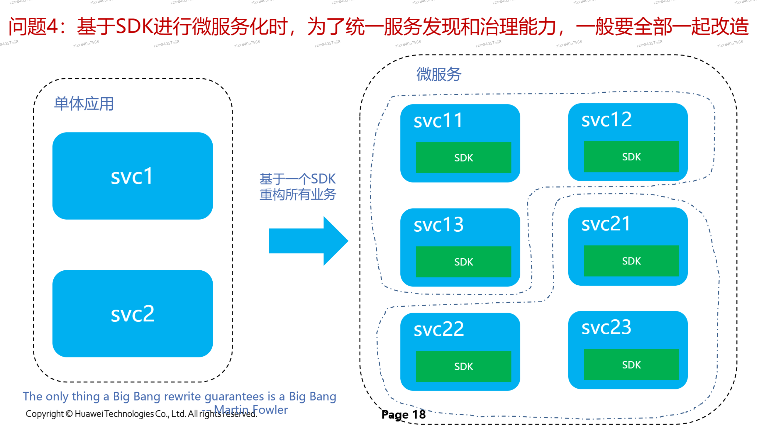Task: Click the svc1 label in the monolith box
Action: [132, 177]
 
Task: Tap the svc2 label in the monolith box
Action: [133, 314]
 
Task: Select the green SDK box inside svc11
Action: [463, 157]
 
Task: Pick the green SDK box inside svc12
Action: [631, 157]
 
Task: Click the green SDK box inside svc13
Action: [463, 262]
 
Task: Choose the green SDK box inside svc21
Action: [631, 261]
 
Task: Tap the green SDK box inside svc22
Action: [463, 366]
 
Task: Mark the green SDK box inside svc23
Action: [631, 365]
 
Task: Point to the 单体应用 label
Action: [84, 104]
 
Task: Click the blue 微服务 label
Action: [438, 74]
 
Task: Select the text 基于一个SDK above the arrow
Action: [297, 179]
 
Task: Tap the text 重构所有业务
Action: [297, 194]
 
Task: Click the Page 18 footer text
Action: [403, 415]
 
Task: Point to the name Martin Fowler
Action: [251, 410]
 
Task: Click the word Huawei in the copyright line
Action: [89, 414]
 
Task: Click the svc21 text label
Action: [606, 224]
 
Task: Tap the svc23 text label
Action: [606, 327]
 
